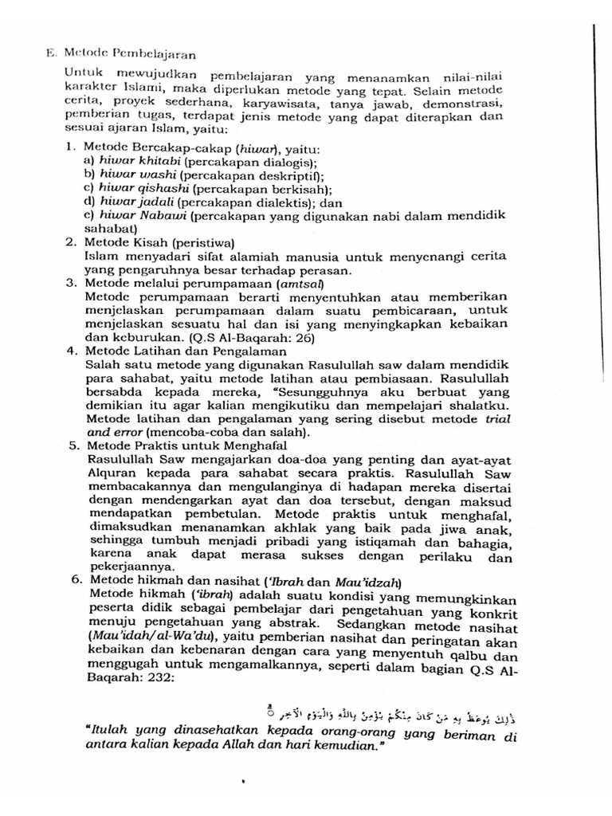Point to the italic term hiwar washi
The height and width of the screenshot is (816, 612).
tap(127, 175)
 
